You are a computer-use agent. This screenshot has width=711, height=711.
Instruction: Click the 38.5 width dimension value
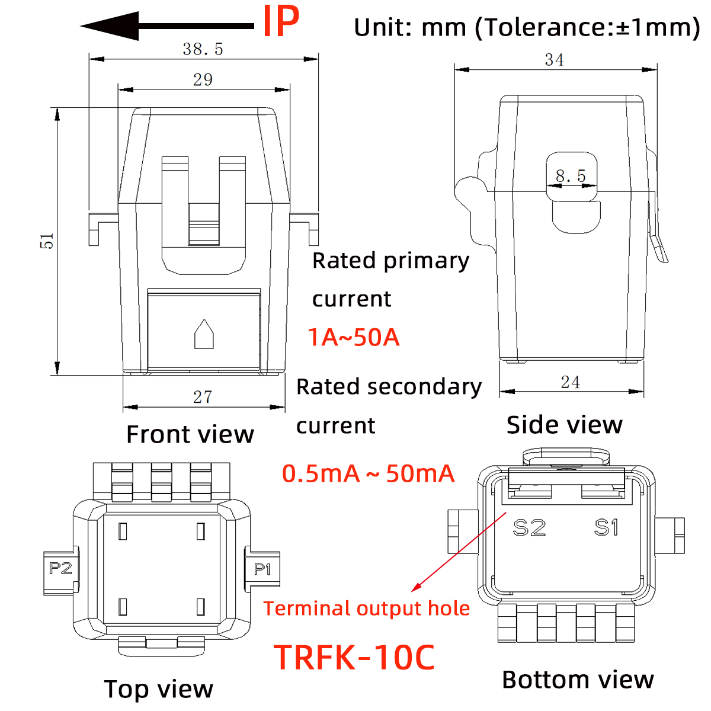(x=203, y=49)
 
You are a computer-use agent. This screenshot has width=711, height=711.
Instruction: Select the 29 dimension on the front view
(x=203, y=79)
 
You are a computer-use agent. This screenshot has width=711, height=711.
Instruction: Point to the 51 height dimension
(x=47, y=241)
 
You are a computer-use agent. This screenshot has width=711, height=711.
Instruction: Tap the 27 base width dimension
(x=203, y=397)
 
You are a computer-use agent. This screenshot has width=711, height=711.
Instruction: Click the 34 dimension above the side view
(x=554, y=60)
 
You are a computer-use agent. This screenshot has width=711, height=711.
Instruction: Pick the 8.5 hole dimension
(x=571, y=176)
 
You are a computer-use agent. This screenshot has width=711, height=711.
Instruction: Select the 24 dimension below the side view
(x=570, y=382)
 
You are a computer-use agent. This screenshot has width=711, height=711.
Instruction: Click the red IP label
(x=280, y=23)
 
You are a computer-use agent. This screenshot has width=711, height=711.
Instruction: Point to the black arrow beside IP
(x=166, y=26)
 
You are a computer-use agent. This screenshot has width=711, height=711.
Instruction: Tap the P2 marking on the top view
(x=60, y=569)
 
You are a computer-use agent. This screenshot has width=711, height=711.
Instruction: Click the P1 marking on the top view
(x=262, y=569)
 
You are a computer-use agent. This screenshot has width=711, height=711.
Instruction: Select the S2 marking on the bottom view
(x=529, y=527)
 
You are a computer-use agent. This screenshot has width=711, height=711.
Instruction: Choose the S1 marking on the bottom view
(x=607, y=527)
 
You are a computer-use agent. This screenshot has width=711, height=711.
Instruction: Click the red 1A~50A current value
(x=354, y=337)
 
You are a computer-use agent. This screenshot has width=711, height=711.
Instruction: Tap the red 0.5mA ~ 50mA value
(x=368, y=473)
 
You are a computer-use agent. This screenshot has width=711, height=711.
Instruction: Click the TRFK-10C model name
(x=354, y=657)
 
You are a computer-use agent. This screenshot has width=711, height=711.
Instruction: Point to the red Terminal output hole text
(x=366, y=608)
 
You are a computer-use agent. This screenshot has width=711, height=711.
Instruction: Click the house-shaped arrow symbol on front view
(x=204, y=335)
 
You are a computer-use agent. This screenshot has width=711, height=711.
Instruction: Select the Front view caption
(x=190, y=434)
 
